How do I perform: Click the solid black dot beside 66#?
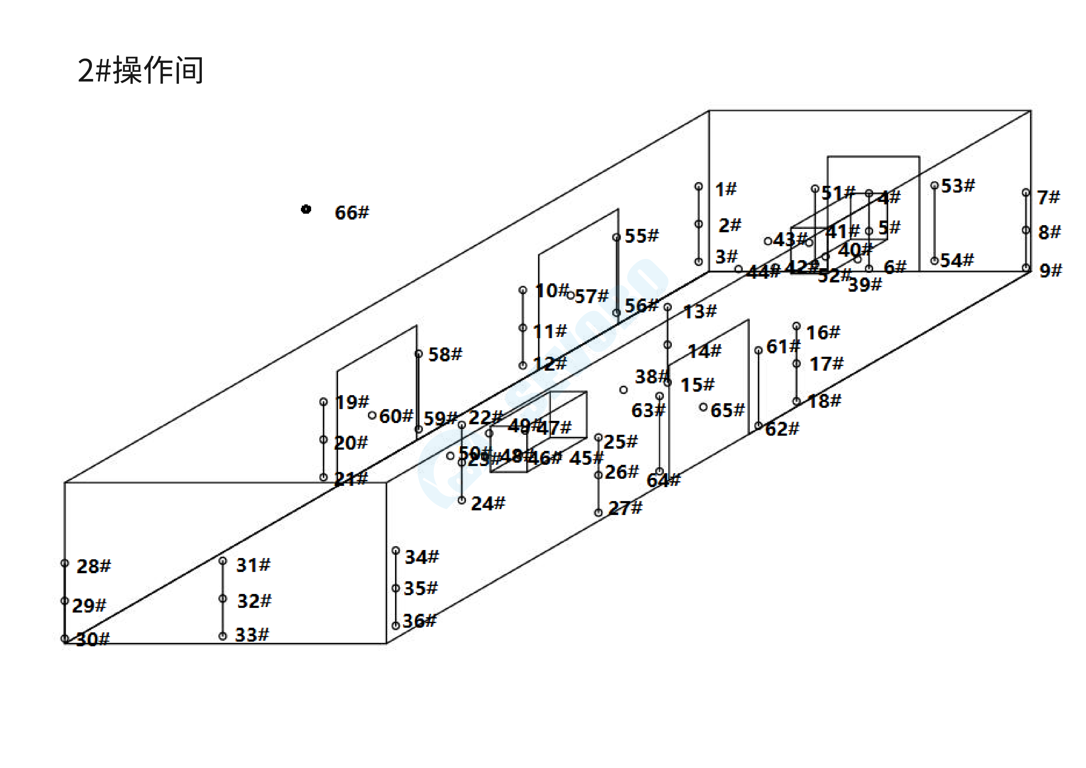click(306, 209)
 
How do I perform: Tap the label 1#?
click(726, 189)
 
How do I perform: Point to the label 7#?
click(1048, 197)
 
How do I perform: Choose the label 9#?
click(1050, 270)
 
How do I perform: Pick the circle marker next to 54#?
click(934, 261)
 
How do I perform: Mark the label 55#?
click(641, 236)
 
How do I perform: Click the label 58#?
click(445, 354)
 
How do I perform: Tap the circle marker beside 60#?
click(372, 416)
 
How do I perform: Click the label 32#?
click(254, 601)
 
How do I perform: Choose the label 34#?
click(421, 557)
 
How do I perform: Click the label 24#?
click(488, 504)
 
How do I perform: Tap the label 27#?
click(625, 508)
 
